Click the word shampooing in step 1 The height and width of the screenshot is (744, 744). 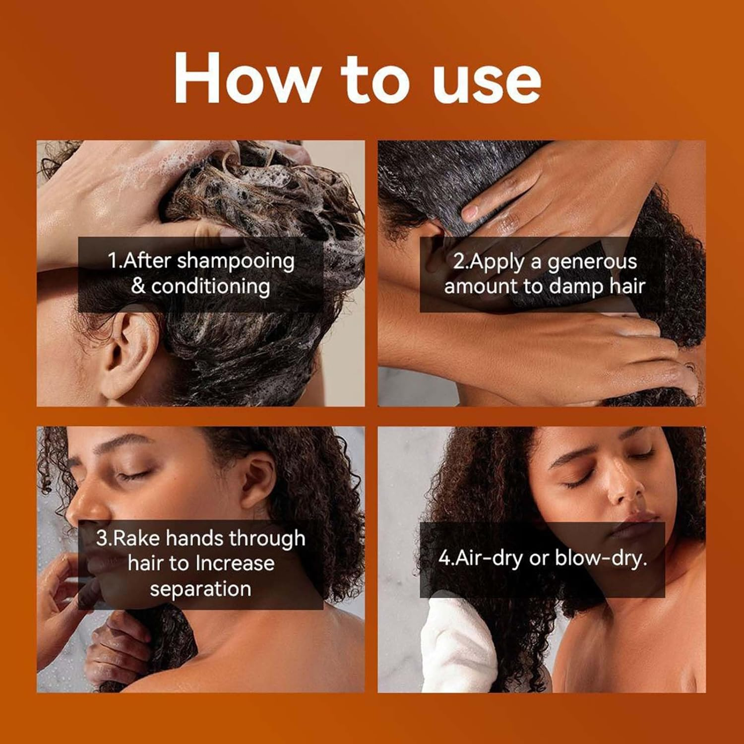pos(236,261)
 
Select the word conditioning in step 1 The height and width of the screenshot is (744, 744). pos(210,287)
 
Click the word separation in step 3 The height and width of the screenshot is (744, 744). pos(200,589)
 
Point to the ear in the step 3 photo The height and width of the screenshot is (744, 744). pos(258,479)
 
